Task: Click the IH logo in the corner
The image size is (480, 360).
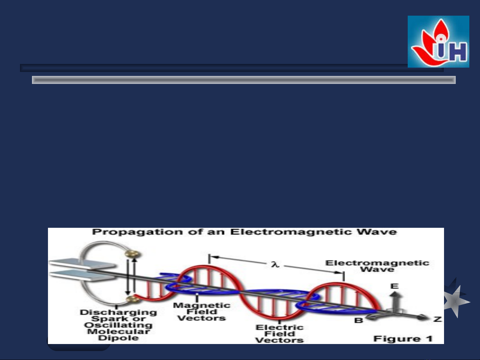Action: pos(438,42)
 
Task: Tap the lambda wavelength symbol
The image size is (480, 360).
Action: pos(275,264)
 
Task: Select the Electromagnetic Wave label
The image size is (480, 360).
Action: pos(377,266)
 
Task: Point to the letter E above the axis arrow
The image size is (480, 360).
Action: pos(394,286)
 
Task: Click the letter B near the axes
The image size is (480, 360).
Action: pos(359,320)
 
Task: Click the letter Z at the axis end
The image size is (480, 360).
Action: pos(438,319)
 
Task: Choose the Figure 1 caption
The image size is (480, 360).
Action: pos(403,339)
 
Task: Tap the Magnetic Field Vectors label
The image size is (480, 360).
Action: pos(202,312)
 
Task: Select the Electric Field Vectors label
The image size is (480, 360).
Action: pos(279,334)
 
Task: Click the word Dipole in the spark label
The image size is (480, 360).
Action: pos(118,338)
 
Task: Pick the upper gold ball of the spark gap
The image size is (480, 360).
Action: pos(132,254)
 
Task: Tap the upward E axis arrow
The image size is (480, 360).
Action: pos(394,302)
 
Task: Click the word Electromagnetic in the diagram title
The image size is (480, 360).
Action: pos(291,232)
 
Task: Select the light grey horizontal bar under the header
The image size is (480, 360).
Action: pos(244,80)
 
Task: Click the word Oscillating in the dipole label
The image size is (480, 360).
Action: pos(118,325)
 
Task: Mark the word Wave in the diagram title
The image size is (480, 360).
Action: pos(377,232)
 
